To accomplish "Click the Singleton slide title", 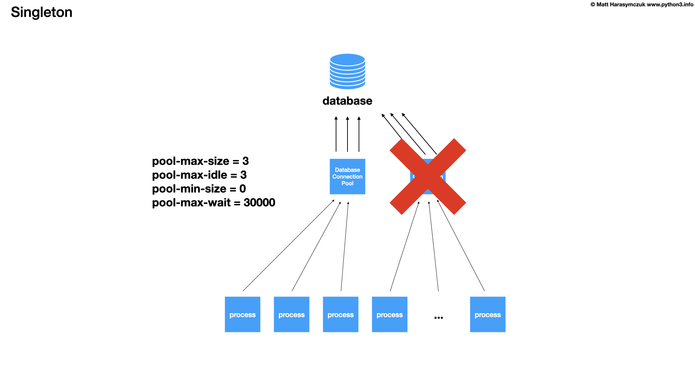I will point(41,12).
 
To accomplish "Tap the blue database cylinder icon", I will point(347,71).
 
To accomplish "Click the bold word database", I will point(347,101).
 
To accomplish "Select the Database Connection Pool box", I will point(347,177).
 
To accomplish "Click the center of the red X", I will point(428,177).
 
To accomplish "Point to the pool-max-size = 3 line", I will point(200,161).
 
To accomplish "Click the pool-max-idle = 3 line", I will point(199,175).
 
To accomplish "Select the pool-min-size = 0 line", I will point(199,189).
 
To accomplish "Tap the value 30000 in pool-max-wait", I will point(259,203).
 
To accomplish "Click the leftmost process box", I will point(242,315).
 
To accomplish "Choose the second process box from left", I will point(291,315).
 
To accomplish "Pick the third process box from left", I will point(340,315).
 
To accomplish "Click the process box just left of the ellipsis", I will point(389,315).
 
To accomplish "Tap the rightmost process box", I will point(488,315).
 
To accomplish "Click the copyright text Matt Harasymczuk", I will point(621,5).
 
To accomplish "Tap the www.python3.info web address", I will point(670,5).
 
